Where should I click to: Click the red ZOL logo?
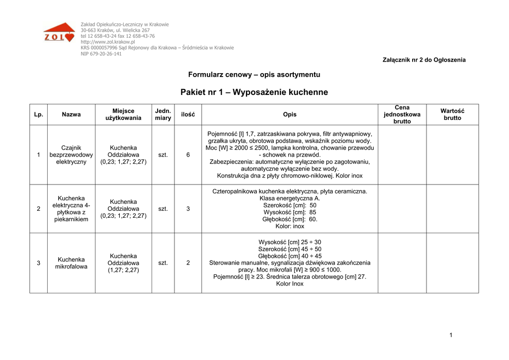tap(59, 33)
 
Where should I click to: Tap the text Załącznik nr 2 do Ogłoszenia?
tap(424, 60)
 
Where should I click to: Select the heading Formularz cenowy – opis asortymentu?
tap(254, 75)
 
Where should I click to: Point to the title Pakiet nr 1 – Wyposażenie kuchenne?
tap(254, 92)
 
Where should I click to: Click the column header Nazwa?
tap(71, 114)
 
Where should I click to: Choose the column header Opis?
tap(290, 114)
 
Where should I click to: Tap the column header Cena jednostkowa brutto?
tap(402, 114)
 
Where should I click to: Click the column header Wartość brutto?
tap(452, 114)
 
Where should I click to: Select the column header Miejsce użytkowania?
tap(123, 114)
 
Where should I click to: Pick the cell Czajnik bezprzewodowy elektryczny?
tap(71, 155)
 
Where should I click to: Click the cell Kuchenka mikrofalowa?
tap(71, 263)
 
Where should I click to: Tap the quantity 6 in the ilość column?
tap(188, 155)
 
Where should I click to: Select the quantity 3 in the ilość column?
tap(188, 209)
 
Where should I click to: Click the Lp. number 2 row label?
tap(39, 209)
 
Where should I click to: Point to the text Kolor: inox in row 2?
tap(290, 226)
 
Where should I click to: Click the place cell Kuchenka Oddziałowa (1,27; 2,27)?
tap(123, 263)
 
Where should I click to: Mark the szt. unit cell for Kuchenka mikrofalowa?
tap(163, 263)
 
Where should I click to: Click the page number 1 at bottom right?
tap(451, 335)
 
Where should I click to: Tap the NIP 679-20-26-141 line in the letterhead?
tap(101, 54)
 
